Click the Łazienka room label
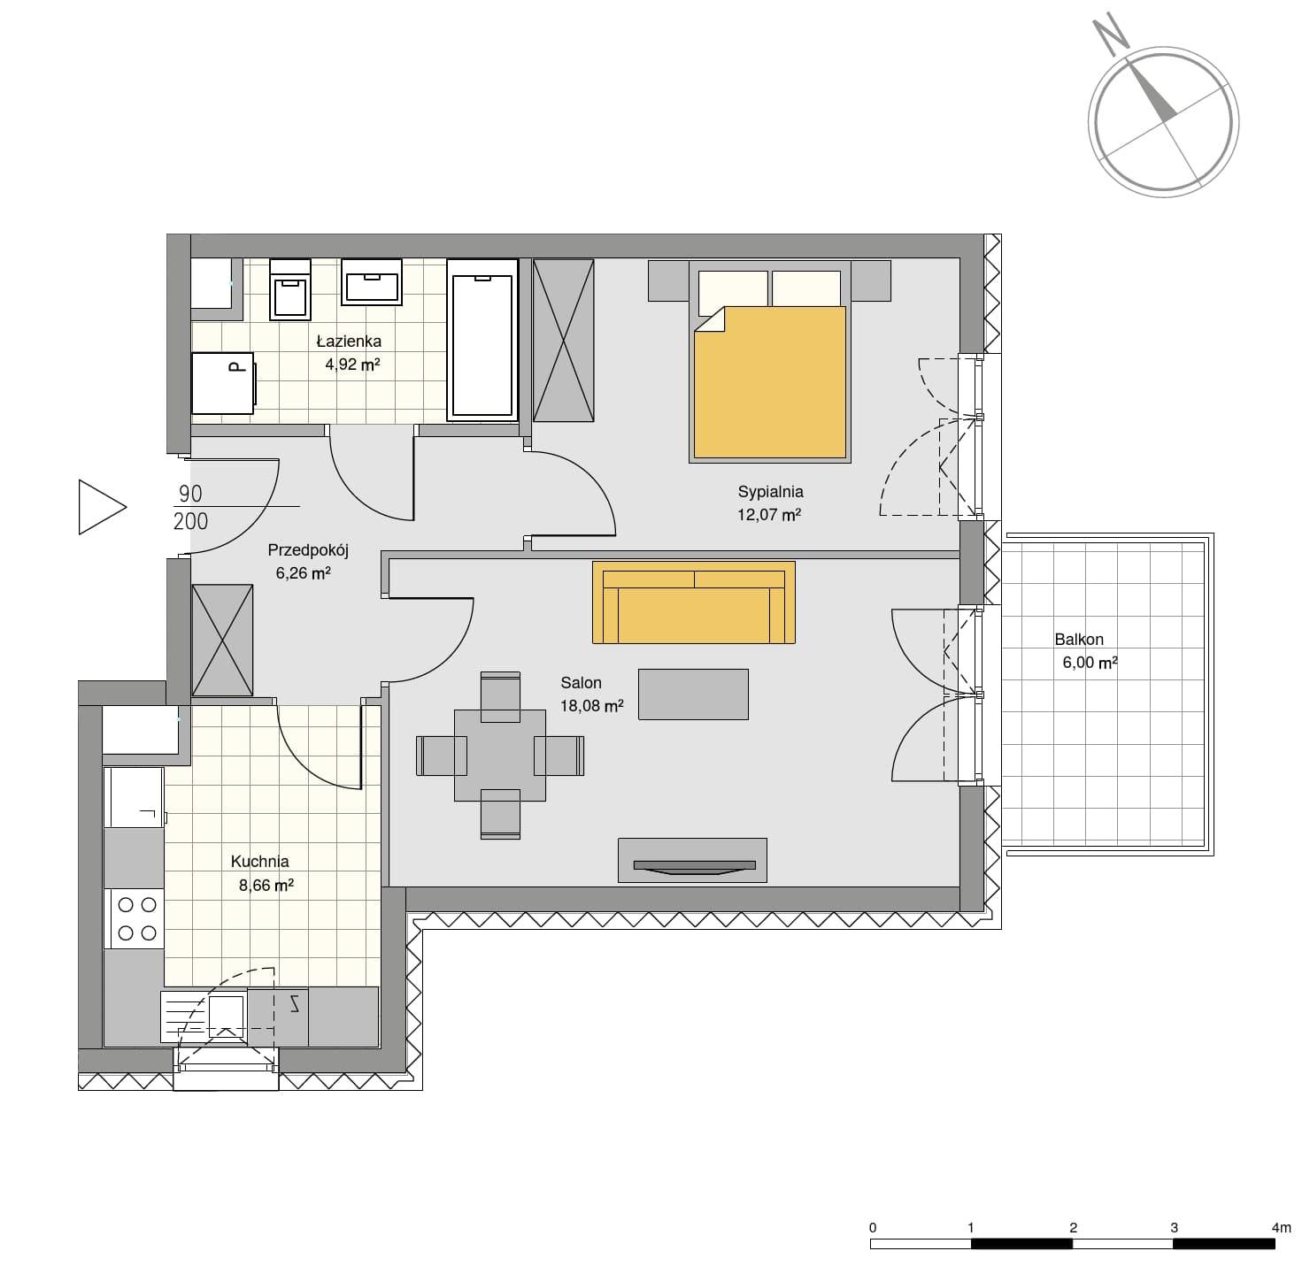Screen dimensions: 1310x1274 (349, 342)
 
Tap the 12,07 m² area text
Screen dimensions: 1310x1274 (769, 515)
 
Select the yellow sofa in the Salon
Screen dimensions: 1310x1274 (693, 602)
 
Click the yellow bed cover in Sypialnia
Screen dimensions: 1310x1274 (769, 382)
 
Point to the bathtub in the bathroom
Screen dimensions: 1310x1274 (482, 340)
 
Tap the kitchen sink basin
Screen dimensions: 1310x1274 (226, 1017)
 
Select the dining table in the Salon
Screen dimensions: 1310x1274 (499, 756)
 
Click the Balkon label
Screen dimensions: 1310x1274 (1078, 640)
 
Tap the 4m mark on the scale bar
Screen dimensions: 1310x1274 (1281, 1228)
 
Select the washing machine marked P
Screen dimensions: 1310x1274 (223, 384)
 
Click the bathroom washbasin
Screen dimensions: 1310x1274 (372, 280)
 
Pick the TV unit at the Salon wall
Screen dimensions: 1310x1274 (692, 860)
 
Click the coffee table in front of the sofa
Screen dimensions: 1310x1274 (693, 694)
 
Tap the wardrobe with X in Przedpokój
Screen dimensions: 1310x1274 (222, 640)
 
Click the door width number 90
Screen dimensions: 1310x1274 (190, 494)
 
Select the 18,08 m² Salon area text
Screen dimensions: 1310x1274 (592, 706)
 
